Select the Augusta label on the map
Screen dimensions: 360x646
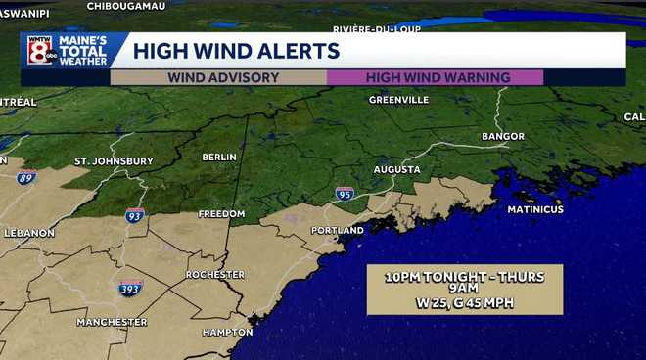coord(396,169)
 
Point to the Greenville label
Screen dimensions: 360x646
coord(399,100)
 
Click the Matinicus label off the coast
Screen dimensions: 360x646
coord(535,209)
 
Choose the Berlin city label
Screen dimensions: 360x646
coord(219,157)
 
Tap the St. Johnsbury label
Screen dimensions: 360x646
coord(114,160)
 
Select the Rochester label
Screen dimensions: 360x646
coord(214,275)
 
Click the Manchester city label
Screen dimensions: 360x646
coord(112,322)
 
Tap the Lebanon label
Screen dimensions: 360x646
coord(29,233)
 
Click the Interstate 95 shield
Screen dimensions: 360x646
coord(345,194)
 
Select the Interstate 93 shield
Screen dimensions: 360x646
coord(135,215)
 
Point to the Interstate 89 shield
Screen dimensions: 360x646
coord(25,177)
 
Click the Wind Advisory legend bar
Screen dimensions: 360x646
coord(223,77)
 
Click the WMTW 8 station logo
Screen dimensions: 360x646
coord(41,51)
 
